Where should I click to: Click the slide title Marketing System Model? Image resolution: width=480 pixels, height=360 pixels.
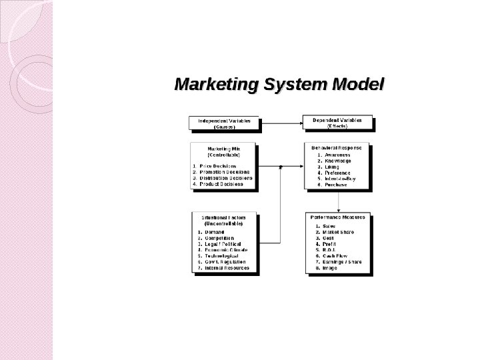point(279,85)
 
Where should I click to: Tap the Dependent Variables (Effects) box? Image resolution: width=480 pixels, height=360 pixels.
point(337,123)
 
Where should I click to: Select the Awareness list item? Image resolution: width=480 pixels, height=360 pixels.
point(337,155)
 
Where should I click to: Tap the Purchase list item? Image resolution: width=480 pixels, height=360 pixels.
point(336,185)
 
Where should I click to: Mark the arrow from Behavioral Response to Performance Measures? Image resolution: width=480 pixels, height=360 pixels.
point(339,201)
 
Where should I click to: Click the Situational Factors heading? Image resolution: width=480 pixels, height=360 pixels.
point(224,217)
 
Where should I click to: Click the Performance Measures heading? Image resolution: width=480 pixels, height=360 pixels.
point(339,217)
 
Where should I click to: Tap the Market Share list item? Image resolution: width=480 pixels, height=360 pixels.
point(339,231)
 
